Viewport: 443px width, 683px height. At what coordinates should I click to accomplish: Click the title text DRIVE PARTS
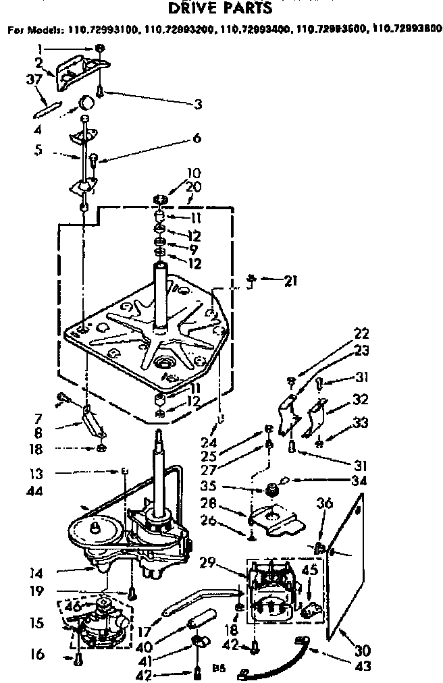coord(220,9)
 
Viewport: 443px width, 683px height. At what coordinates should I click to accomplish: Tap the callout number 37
coord(32,80)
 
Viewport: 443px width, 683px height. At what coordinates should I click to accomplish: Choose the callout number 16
coord(37,653)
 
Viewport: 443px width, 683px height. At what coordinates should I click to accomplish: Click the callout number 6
coord(197,138)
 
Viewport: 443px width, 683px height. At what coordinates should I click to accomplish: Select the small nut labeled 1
coord(100,48)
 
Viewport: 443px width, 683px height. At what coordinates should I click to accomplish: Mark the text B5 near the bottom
coord(218,669)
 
